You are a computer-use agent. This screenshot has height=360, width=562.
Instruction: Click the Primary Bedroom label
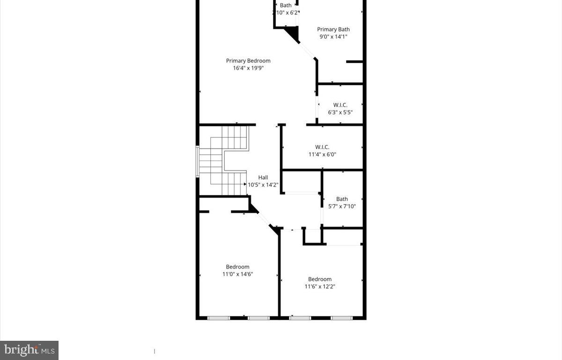(248, 60)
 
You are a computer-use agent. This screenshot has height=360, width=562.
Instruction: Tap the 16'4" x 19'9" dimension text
(248, 68)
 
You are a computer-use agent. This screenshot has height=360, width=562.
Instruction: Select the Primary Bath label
(333, 30)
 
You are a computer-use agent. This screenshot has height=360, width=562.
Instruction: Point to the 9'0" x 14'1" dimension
(333, 37)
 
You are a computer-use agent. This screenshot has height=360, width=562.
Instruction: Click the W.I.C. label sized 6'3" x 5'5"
(340, 105)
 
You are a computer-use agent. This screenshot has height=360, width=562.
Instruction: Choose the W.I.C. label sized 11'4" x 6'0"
(322, 147)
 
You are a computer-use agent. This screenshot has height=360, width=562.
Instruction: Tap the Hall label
(263, 177)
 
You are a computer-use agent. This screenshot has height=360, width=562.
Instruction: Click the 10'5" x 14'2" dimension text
(263, 185)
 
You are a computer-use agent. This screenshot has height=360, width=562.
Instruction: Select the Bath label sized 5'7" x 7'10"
(342, 199)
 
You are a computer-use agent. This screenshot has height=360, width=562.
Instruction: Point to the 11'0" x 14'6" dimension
(238, 274)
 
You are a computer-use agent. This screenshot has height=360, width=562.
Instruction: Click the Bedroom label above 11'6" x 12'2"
(320, 279)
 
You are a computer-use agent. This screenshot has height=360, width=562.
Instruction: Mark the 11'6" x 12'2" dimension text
(320, 286)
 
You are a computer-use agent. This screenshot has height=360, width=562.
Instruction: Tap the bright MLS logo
(29, 350)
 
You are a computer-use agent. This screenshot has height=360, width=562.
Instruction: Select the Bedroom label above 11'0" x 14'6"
(238, 267)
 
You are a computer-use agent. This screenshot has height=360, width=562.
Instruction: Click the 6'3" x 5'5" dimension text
(340, 112)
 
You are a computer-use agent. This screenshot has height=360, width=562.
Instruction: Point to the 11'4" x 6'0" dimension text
(322, 154)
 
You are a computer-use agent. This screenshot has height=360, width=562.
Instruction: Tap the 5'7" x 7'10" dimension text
(342, 206)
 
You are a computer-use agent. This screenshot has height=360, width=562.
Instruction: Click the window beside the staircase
(198, 161)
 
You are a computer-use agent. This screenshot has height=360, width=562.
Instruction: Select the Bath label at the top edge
(286, 6)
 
